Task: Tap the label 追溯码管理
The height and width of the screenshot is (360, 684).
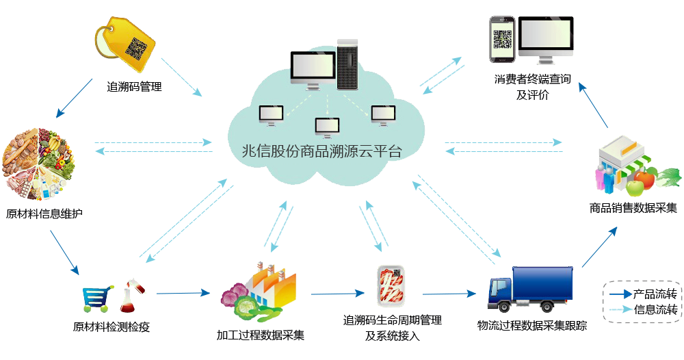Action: [134, 87]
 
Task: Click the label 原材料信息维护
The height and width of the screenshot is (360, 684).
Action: [44, 214]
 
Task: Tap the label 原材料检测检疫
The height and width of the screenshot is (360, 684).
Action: [111, 326]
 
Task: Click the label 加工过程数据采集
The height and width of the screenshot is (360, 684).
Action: [261, 335]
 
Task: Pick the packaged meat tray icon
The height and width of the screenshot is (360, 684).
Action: [392, 285]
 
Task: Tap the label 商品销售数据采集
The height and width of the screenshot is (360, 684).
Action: [633, 207]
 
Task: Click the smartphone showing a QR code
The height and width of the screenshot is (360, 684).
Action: [501, 40]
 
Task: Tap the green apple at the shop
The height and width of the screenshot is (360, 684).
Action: [635, 185]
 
